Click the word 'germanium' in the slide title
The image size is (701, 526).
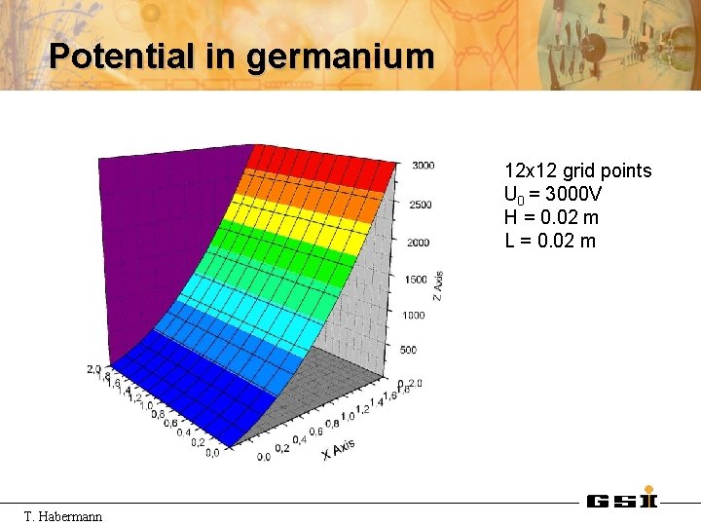[x=340, y=56]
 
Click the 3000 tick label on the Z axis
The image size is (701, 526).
[x=423, y=166]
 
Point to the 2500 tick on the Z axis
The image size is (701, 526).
[x=421, y=205]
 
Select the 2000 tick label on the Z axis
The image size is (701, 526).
[x=418, y=243]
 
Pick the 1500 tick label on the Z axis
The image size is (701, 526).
[x=416, y=280]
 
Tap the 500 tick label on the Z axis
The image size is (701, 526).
[x=408, y=350]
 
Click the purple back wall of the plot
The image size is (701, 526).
[x=166, y=244]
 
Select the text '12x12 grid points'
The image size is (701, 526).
[x=578, y=171]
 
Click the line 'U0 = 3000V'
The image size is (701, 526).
[x=553, y=195]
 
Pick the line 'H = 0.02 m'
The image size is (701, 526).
[x=552, y=217]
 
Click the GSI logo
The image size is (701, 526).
[x=622, y=499]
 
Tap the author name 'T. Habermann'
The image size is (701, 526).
[x=63, y=515]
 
